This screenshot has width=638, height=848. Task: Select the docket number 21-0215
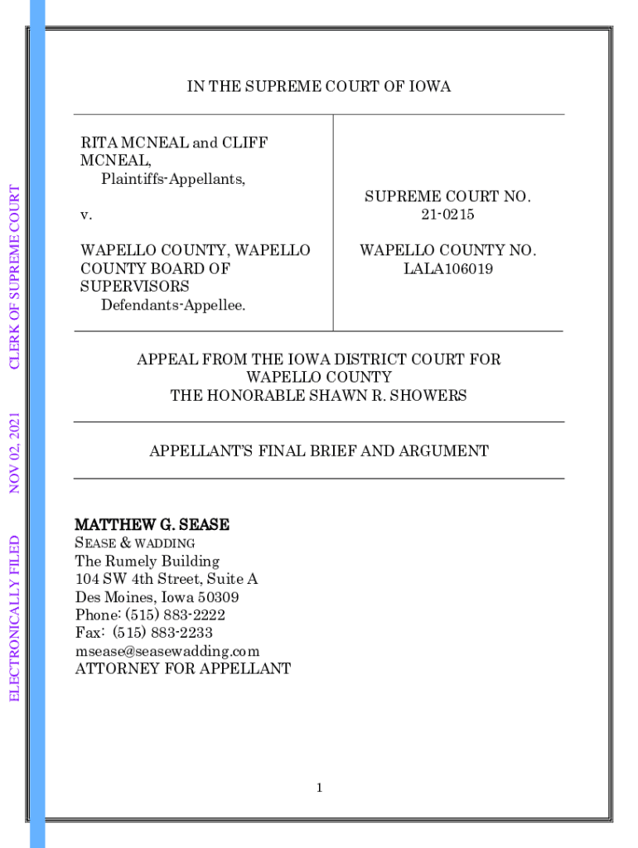447,214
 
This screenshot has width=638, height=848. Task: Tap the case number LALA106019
447,268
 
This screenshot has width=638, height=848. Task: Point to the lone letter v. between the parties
86,215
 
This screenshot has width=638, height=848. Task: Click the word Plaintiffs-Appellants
173,179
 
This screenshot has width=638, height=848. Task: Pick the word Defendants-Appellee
173,306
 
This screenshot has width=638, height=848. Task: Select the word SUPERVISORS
135,287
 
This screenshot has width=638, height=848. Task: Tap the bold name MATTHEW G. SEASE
152,525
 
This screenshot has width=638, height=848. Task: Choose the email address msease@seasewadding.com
167,652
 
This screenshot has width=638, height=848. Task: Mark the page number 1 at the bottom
318,788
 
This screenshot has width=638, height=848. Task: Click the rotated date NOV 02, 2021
15,453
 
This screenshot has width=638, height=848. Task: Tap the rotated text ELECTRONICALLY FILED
15,617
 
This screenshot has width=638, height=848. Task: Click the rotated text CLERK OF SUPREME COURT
15,277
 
